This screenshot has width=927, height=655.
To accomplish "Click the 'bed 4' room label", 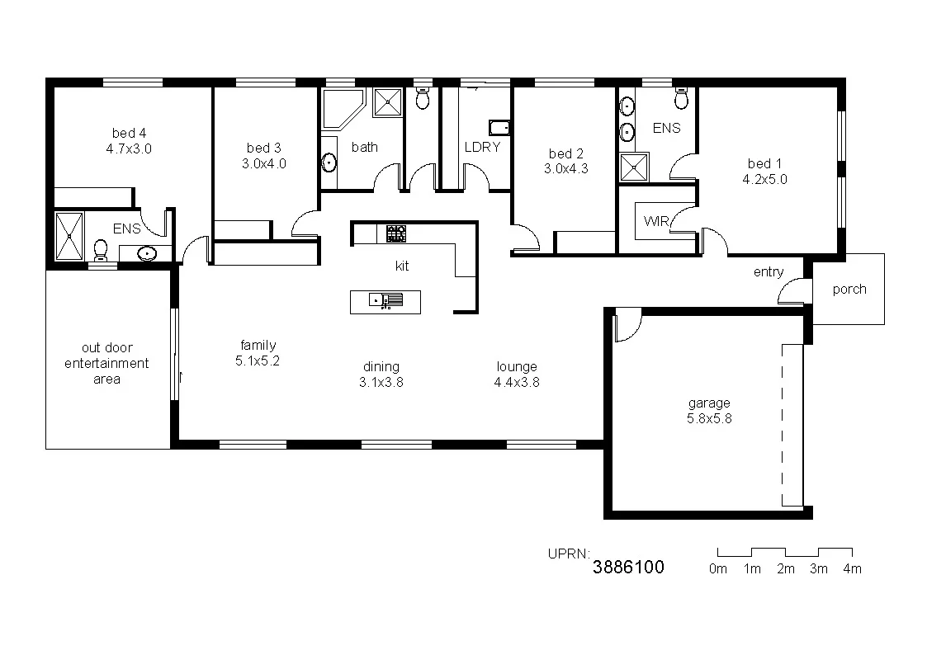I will (x=130, y=133).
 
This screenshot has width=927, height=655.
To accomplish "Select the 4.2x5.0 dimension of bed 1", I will (x=765, y=178).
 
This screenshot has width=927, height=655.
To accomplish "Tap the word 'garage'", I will (x=709, y=403).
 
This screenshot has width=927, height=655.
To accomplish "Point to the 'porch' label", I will (x=849, y=289).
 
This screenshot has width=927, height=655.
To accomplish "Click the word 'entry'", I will (x=768, y=272).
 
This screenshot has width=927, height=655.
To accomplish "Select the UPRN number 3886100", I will (x=628, y=568).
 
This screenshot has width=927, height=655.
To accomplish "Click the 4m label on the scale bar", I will (x=852, y=568).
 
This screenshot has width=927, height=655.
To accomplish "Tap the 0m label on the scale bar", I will (x=718, y=568).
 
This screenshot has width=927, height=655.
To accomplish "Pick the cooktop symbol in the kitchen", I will (x=396, y=233).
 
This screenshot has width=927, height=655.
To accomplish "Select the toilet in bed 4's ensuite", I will (x=102, y=248).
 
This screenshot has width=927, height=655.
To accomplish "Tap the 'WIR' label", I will (x=655, y=221).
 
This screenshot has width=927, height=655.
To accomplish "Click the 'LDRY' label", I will (x=482, y=147).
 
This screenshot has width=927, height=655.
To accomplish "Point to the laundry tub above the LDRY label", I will (x=499, y=127).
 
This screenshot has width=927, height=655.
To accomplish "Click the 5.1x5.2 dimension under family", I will (x=258, y=360).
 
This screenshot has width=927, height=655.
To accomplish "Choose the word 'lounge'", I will (x=517, y=366).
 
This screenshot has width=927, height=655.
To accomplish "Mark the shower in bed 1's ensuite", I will (x=634, y=168).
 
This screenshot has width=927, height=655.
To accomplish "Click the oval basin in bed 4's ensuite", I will (x=147, y=253).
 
